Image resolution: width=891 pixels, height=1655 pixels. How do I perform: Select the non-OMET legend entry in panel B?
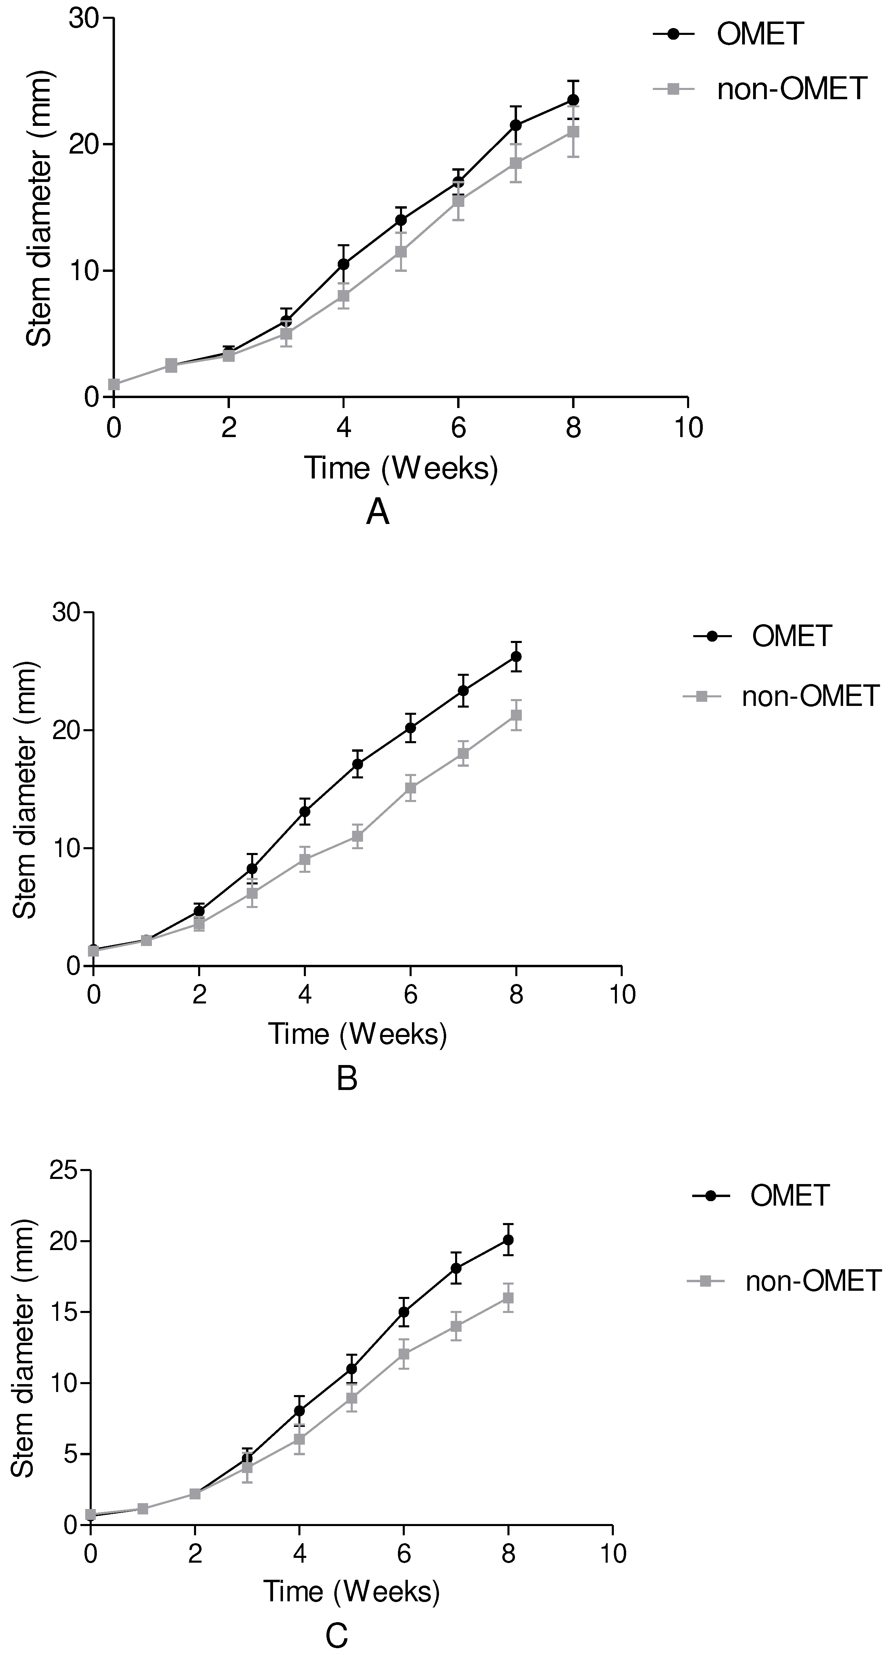(809, 696)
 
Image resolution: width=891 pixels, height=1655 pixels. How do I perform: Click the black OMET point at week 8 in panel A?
(573, 100)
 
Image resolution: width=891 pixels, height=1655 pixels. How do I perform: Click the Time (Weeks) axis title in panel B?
(357, 1034)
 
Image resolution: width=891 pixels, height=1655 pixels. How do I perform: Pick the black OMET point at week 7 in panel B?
(463, 691)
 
